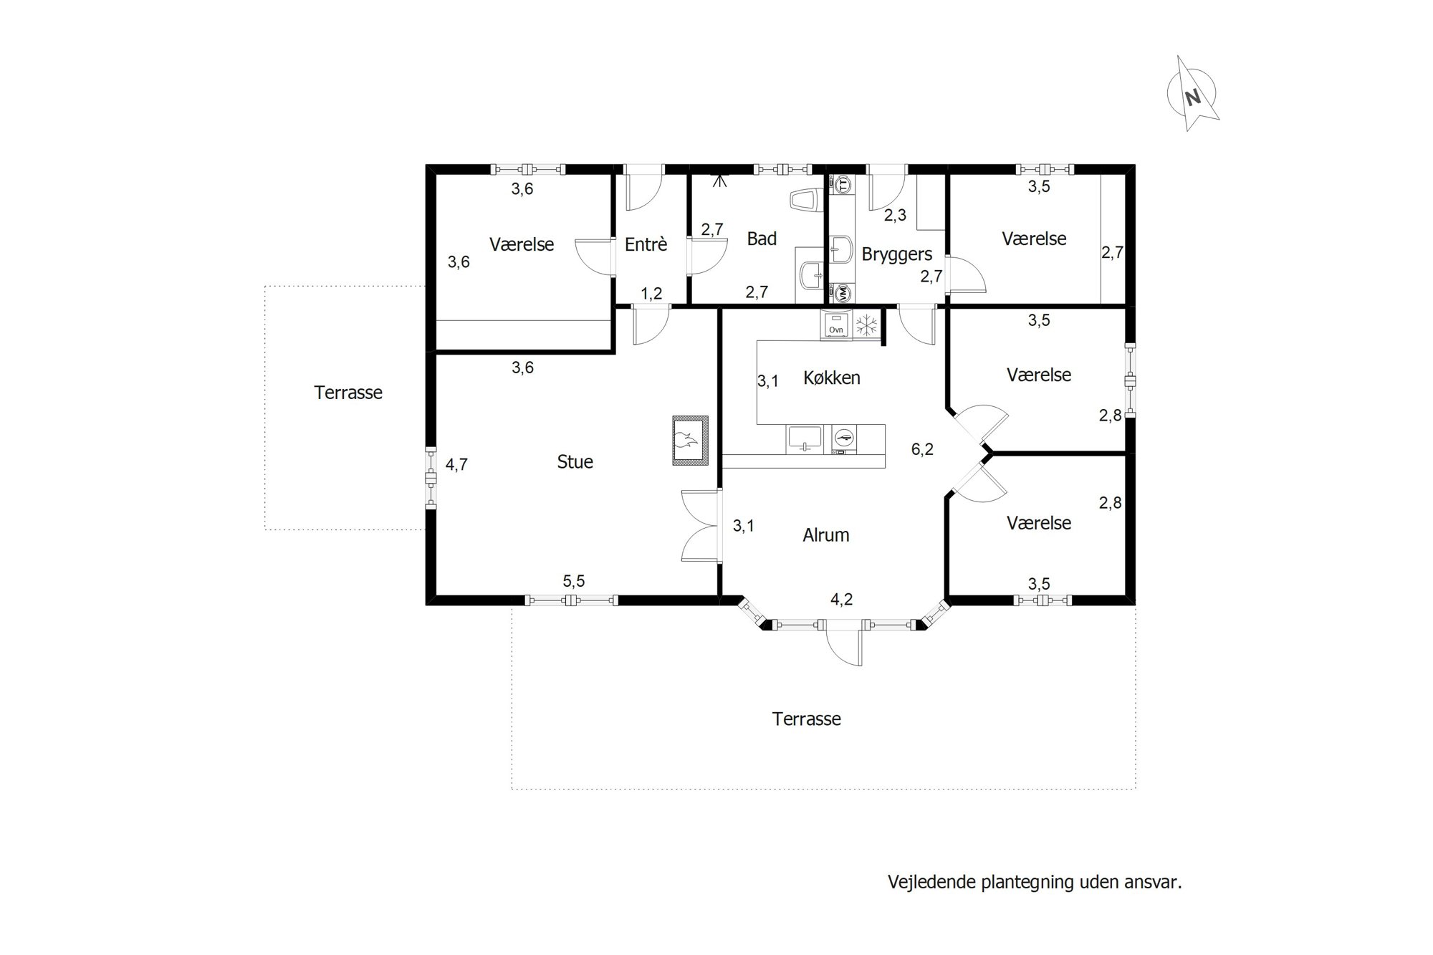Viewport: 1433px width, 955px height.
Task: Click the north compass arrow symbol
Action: (1192, 94)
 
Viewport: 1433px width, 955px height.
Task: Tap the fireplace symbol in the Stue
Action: (690, 441)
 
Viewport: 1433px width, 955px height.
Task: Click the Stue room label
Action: (575, 462)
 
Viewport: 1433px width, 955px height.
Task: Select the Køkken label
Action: (832, 378)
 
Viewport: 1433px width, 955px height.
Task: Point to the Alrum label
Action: (826, 535)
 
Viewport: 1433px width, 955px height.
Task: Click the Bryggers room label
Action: (897, 254)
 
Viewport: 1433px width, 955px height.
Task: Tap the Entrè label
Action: (646, 244)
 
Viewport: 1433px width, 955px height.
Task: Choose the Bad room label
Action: (762, 239)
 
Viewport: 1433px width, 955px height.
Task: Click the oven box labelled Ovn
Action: (836, 326)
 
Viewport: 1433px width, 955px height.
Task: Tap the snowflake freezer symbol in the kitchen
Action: (867, 325)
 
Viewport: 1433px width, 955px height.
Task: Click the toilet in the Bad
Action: (807, 201)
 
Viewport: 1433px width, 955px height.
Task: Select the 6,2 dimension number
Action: (922, 450)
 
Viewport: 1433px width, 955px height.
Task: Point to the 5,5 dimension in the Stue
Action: (574, 581)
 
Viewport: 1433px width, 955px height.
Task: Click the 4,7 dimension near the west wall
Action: (456, 465)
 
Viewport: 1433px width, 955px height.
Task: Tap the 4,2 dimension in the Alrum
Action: (842, 600)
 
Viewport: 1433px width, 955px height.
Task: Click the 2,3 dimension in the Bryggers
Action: (895, 215)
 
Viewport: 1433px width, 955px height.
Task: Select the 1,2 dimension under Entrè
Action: (651, 293)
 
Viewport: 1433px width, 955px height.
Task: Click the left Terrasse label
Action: (348, 393)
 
